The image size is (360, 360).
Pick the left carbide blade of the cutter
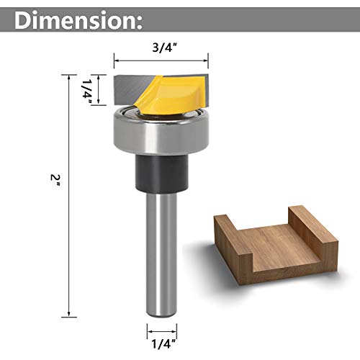130,89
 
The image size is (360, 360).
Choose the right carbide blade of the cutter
199,88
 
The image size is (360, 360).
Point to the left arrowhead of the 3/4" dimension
116,58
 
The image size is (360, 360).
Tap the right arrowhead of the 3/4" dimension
207,58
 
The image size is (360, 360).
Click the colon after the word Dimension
137,24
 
